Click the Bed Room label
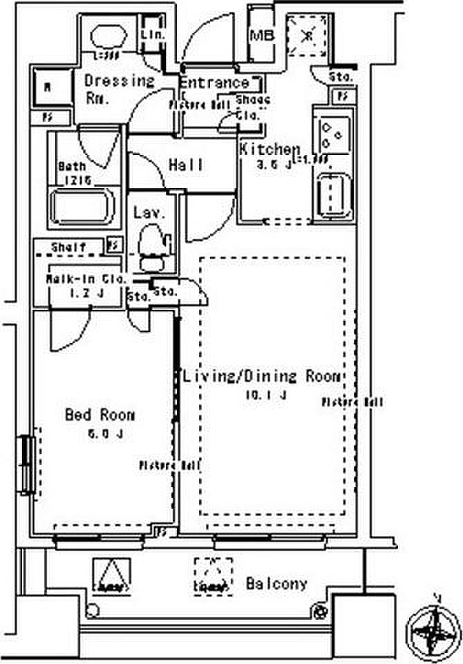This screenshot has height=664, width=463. (x=100, y=415)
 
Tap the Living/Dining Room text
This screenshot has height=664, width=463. (x=261, y=377)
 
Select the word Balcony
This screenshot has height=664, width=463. (x=276, y=583)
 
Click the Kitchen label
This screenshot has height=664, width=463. (x=270, y=149)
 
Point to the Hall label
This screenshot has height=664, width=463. (x=187, y=165)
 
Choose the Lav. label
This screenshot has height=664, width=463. (x=149, y=212)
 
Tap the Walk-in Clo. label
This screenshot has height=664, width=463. (x=86, y=279)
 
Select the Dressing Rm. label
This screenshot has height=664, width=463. (x=118, y=88)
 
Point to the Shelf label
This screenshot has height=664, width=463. (x=68, y=247)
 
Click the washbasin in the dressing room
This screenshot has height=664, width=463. (x=109, y=37)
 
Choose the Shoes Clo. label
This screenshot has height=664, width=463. (x=252, y=107)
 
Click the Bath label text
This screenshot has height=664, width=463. (x=72, y=167)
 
